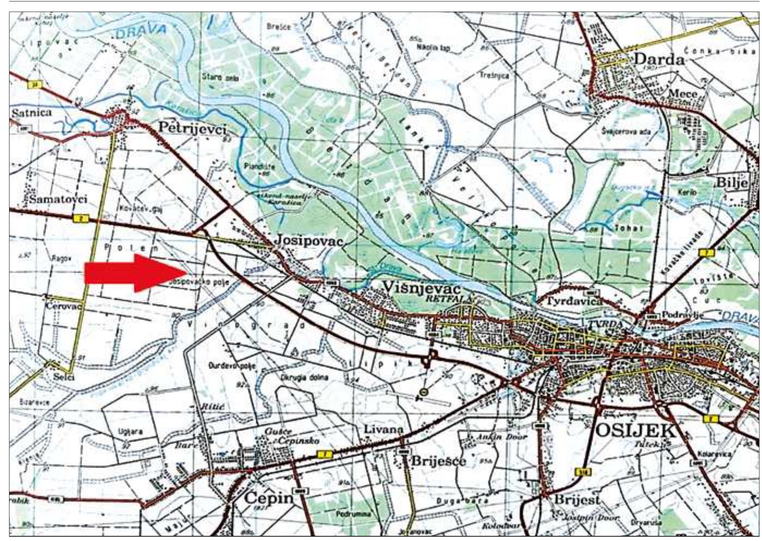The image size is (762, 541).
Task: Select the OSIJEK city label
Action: (636, 431)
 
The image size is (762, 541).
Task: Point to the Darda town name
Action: (659, 59)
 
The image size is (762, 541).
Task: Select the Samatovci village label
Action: (58, 199)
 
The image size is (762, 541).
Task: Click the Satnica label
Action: (32, 113)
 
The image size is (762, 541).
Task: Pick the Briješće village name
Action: (438, 461)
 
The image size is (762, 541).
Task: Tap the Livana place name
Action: (383, 429)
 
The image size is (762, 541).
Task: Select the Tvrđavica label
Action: (569, 301)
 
